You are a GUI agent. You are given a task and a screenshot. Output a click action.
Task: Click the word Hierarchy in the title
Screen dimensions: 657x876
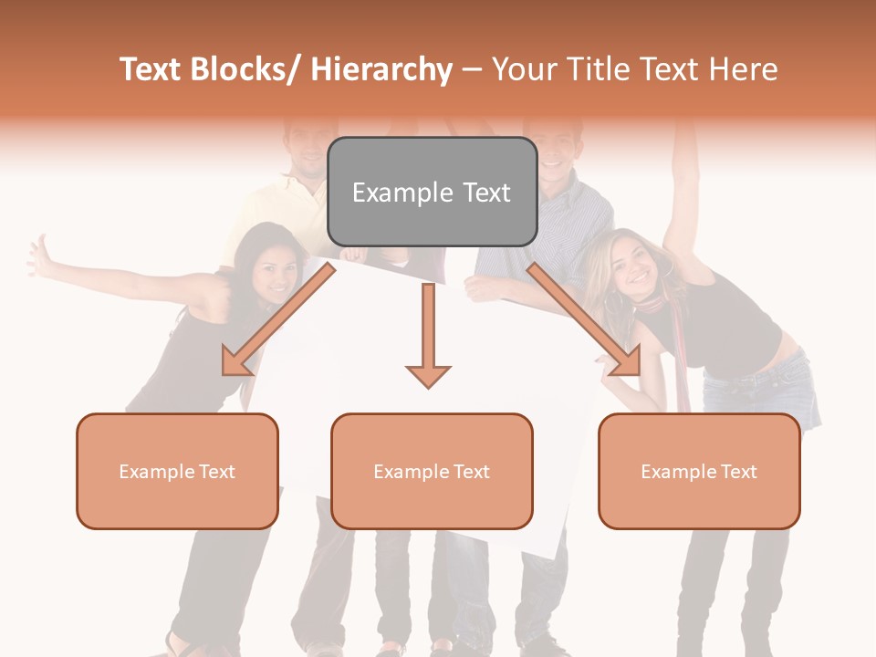click(x=381, y=69)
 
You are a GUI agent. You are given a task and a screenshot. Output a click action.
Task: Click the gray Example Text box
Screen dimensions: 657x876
click(x=432, y=192)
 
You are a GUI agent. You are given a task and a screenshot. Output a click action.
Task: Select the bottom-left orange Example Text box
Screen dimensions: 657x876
click(x=177, y=471)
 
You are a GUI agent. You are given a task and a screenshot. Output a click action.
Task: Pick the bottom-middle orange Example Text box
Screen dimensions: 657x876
click(x=432, y=471)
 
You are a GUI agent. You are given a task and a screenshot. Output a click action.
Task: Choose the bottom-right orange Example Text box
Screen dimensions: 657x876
click(x=699, y=471)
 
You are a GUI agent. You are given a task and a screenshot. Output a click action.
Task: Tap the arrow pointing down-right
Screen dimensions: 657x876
click(x=584, y=320)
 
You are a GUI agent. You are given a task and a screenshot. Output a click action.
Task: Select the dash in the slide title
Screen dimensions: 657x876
click(x=472, y=69)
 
